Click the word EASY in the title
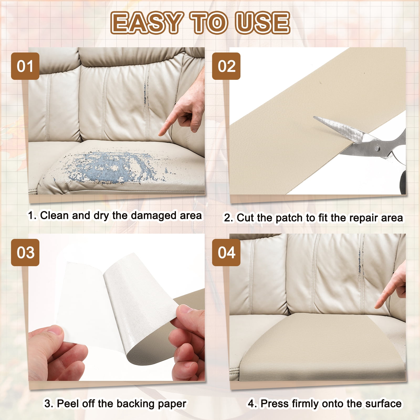pyautogui.click(x=146, y=23)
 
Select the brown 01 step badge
pyautogui.click(x=25, y=66)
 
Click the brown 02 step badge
pyautogui.click(x=226, y=66)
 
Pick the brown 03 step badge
pyautogui.click(x=25, y=253)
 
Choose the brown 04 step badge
pyautogui.click(x=226, y=253)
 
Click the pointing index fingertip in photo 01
pyautogui.click(x=160, y=134)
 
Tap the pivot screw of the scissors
pyautogui.click(x=377, y=149)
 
